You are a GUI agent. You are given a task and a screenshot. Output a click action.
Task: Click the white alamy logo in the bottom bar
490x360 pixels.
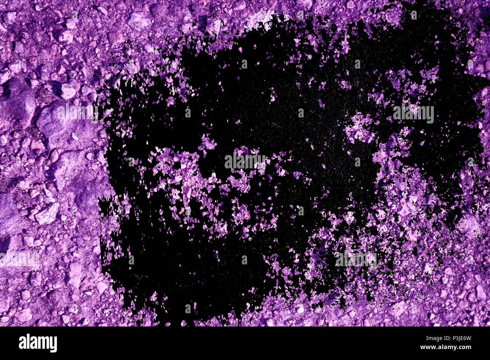tap(38, 343)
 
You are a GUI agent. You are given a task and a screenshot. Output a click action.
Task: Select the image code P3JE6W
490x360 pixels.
tap(458, 338)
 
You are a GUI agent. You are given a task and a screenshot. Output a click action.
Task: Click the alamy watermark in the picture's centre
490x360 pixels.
tap(245, 161)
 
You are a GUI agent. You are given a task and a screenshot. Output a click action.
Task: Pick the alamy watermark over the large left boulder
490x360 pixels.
tap(77, 112)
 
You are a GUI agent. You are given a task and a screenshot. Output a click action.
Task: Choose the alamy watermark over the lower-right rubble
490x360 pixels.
tap(356, 259)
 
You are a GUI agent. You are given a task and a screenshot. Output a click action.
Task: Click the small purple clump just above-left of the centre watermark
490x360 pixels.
tap(208, 143)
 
